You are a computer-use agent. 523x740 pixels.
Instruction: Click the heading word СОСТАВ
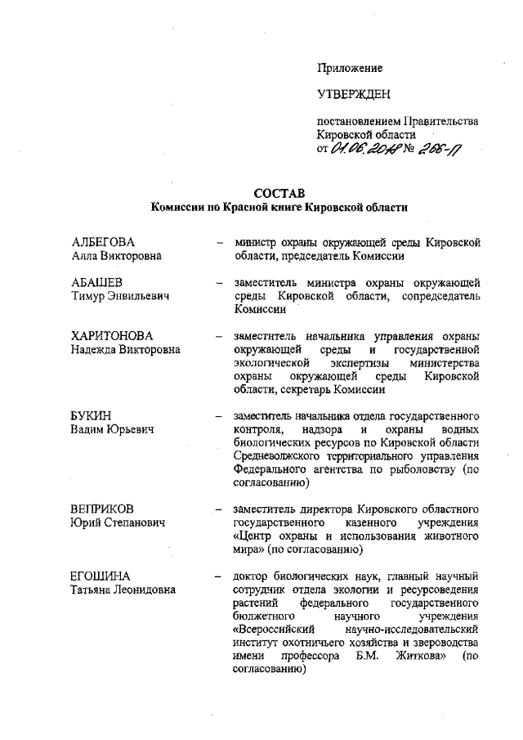coord(279,193)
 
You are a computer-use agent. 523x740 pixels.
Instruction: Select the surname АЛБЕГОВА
coord(102,242)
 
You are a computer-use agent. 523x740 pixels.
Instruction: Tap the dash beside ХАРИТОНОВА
coord(218,336)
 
